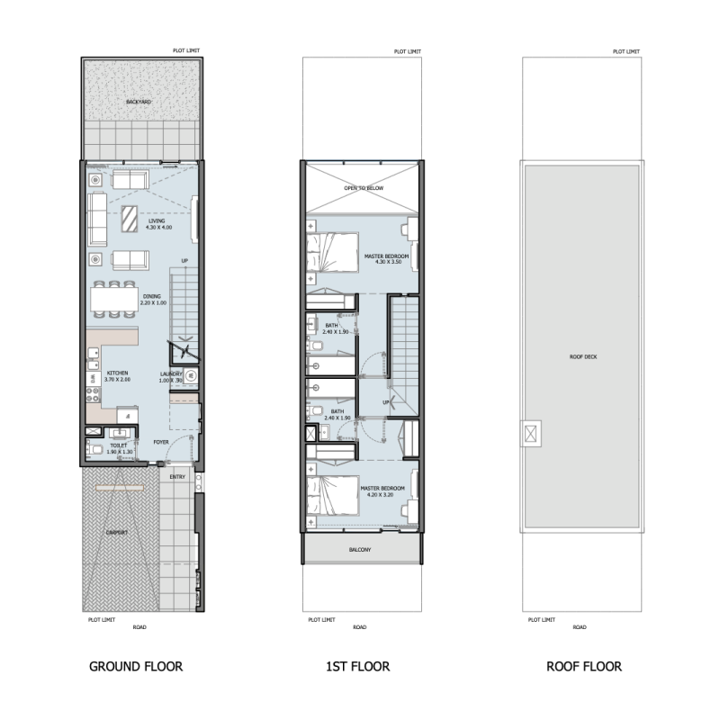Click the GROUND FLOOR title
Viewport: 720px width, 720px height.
[x=136, y=667]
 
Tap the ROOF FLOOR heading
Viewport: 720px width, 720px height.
[x=583, y=667]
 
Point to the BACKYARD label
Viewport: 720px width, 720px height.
[x=139, y=102]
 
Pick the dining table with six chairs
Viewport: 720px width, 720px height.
[x=113, y=298]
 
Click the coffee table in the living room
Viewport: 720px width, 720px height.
[x=130, y=218]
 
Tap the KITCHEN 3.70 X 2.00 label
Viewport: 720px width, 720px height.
[x=118, y=376]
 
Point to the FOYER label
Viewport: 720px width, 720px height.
[x=161, y=442]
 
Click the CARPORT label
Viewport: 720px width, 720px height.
[x=117, y=532]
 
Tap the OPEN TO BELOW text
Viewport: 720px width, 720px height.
[x=364, y=188]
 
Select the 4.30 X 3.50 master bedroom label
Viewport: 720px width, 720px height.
[x=387, y=259]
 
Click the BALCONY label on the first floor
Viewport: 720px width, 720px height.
[x=359, y=549]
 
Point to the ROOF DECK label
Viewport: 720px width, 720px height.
[x=583, y=356]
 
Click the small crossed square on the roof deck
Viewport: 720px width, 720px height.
[x=533, y=435]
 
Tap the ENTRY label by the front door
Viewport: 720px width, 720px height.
[x=177, y=477]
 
